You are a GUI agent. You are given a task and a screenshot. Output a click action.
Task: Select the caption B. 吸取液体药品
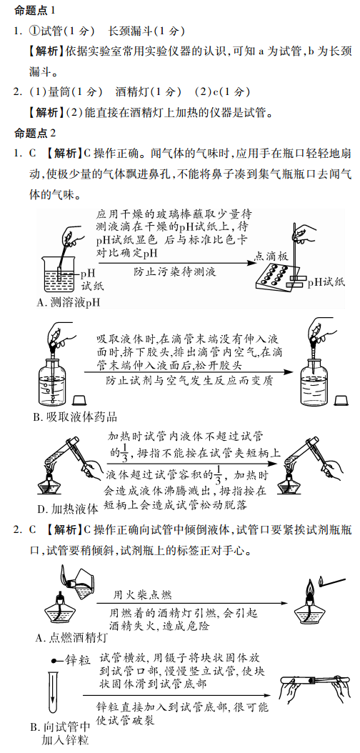[75, 416]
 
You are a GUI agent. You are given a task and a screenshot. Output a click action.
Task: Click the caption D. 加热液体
[67, 509]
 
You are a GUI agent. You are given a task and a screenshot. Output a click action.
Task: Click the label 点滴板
[271, 257]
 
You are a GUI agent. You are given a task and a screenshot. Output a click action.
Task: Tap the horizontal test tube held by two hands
[313, 682]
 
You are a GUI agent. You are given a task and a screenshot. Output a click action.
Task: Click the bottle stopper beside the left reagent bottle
[79, 401]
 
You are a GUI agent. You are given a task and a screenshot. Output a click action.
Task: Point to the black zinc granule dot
[54, 662]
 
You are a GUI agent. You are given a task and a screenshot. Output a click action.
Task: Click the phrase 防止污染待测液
[175, 271]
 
